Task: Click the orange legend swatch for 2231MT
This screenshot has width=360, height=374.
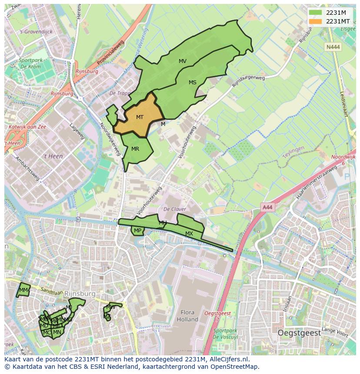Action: [316, 21]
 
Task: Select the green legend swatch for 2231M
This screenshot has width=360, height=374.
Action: [316, 12]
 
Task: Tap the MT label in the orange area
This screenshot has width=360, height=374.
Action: [140, 117]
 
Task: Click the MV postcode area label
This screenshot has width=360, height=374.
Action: [183, 61]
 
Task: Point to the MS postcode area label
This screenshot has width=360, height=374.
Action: [193, 83]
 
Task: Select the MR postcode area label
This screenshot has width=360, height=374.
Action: [135, 149]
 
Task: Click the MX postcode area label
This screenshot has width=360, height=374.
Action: [189, 234]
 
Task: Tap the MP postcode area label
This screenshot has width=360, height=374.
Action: [137, 231]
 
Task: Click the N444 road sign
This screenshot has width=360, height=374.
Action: [333, 46]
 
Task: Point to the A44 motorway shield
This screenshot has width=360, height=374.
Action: [267, 208]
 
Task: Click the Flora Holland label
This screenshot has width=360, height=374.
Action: [187, 316]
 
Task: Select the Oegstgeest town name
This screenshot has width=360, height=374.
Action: [299, 333]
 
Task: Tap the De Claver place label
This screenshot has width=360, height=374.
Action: [174, 209]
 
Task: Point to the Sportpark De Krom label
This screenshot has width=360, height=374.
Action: [30, 64]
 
